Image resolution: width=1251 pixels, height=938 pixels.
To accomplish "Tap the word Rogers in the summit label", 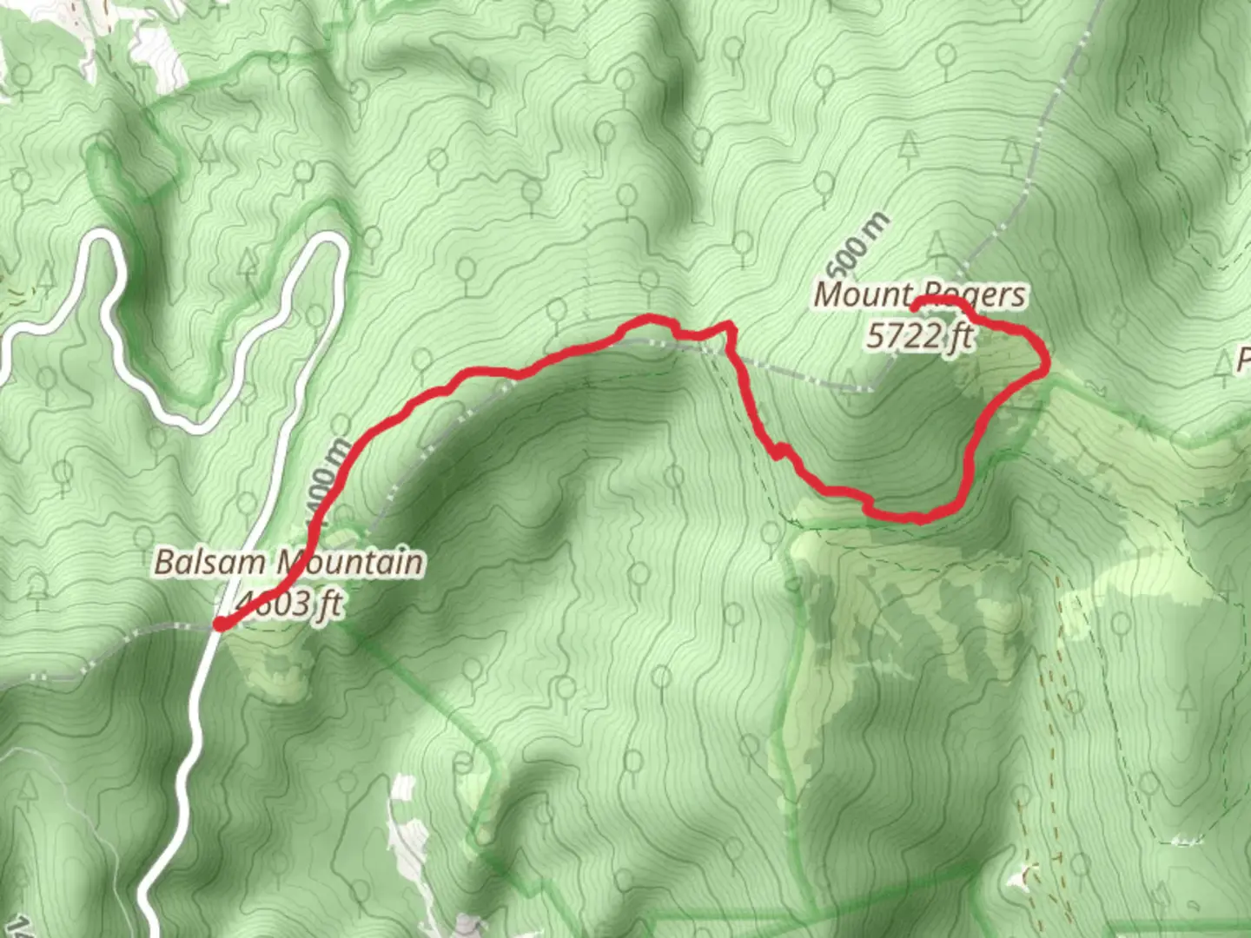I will (x=973, y=295).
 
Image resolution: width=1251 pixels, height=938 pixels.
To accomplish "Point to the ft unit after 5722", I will (x=960, y=335).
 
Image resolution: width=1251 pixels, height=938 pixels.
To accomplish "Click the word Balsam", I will (x=209, y=562).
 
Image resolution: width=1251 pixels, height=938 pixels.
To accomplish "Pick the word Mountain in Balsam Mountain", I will (x=349, y=562).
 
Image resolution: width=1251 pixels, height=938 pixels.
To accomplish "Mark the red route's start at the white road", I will (x=221, y=624).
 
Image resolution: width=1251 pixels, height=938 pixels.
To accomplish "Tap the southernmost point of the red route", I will (x=917, y=519).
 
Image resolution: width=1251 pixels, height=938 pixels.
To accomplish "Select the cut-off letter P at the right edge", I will (x=1243, y=359).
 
